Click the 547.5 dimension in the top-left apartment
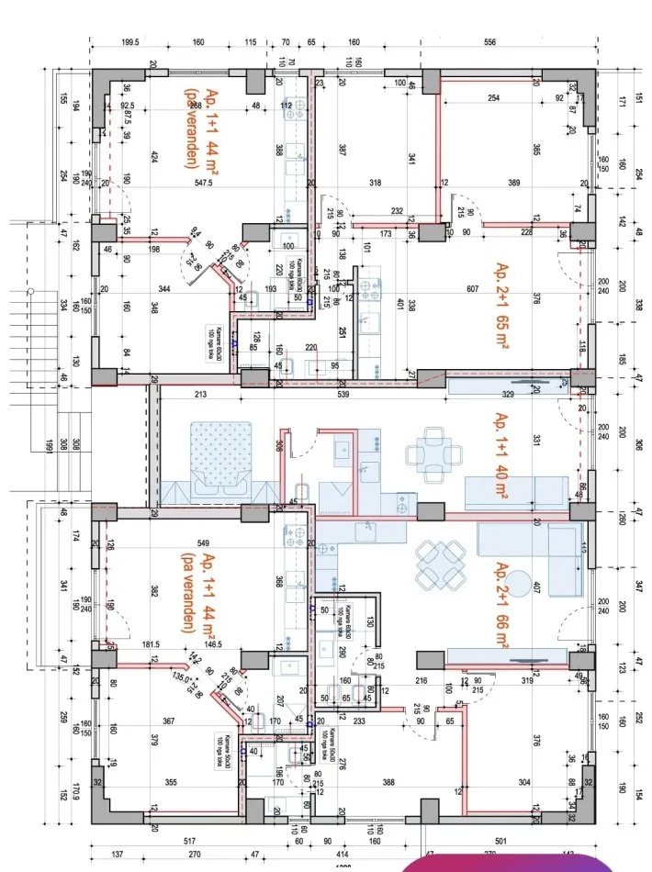(203, 184)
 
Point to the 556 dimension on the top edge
(489, 42)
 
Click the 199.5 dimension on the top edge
(129, 42)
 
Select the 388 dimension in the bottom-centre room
(388, 782)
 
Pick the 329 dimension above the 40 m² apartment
(508, 394)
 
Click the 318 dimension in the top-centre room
(376, 184)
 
